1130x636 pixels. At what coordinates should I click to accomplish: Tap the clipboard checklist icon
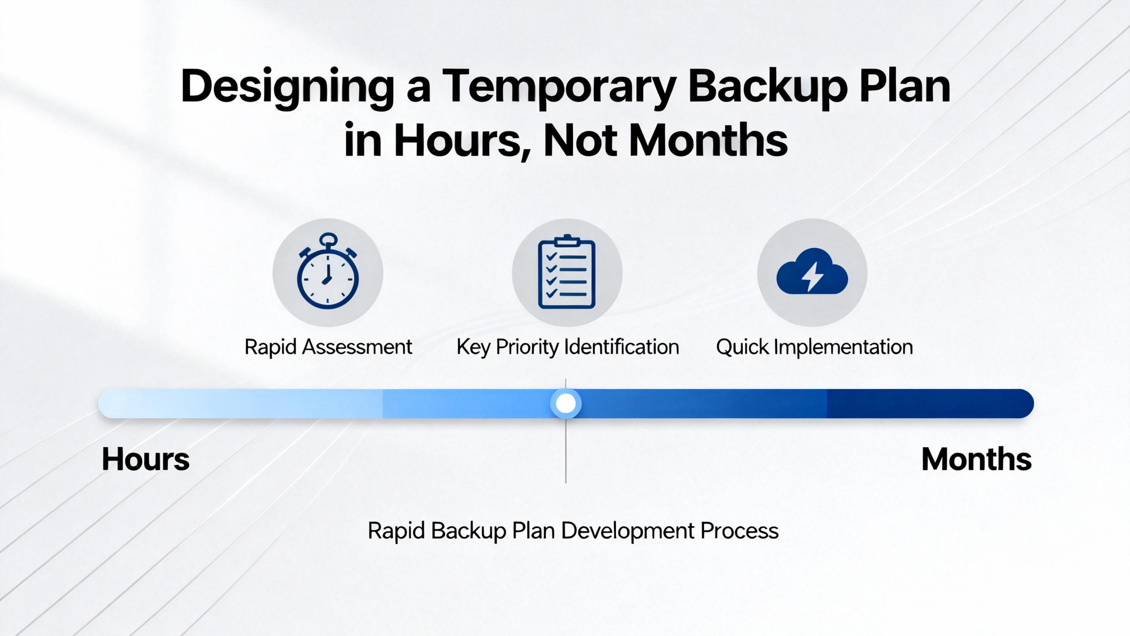click(567, 272)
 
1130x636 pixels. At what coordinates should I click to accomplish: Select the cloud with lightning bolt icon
click(812, 271)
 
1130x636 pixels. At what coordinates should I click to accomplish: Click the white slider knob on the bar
click(565, 403)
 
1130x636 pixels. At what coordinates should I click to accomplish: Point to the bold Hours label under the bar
click(146, 459)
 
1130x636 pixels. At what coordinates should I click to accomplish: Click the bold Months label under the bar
click(976, 459)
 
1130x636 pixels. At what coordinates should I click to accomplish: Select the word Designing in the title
click(287, 87)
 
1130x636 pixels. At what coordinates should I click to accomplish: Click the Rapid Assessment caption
click(328, 347)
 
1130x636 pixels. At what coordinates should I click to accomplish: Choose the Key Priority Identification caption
click(568, 347)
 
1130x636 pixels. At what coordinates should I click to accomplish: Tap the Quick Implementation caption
click(814, 347)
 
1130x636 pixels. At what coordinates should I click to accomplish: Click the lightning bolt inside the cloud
click(812, 276)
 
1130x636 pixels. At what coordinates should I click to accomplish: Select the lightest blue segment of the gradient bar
click(240, 403)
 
